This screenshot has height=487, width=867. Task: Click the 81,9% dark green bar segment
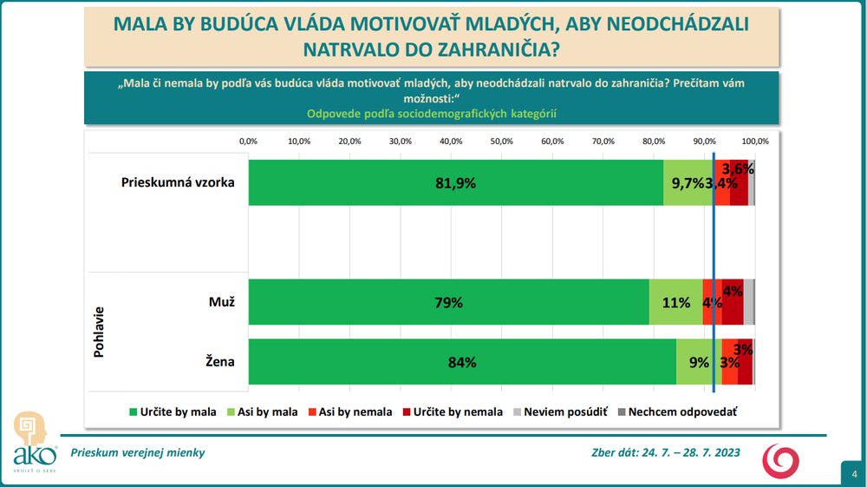click(x=456, y=183)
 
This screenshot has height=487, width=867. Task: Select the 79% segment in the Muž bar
click(x=449, y=302)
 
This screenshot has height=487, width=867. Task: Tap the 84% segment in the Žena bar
click(x=462, y=362)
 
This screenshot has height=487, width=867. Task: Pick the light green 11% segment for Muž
click(x=675, y=302)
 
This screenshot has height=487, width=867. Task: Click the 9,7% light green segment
click(x=688, y=183)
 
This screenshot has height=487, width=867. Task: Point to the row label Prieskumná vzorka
click(x=178, y=183)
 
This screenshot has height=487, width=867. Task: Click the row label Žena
click(x=220, y=362)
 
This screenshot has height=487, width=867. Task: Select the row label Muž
click(x=222, y=302)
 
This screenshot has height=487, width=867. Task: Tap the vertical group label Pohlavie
click(x=100, y=332)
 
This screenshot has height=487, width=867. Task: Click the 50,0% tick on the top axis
click(x=502, y=141)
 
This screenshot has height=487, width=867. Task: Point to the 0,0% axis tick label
click(x=249, y=141)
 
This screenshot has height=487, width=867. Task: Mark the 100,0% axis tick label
click(x=755, y=141)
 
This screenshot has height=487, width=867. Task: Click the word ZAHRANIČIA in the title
click(x=490, y=50)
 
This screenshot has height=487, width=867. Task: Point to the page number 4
click(x=853, y=474)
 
